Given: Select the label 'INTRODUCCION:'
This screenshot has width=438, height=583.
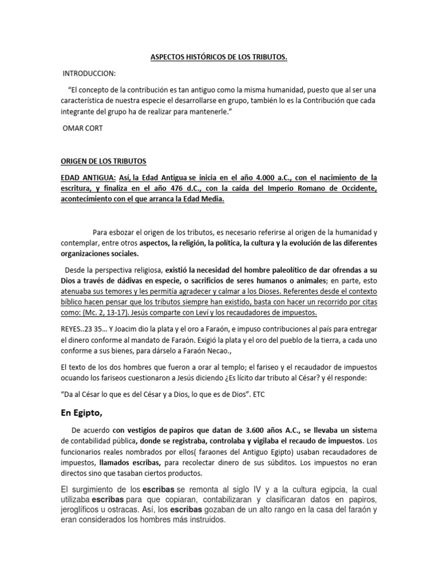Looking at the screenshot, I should pyautogui.click(x=91, y=74).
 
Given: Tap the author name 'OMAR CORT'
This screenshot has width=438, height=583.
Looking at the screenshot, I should pyautogui.click(x=82, y=128).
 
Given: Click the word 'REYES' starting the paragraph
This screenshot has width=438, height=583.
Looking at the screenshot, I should pyautogui.click(x=74, y=330).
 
